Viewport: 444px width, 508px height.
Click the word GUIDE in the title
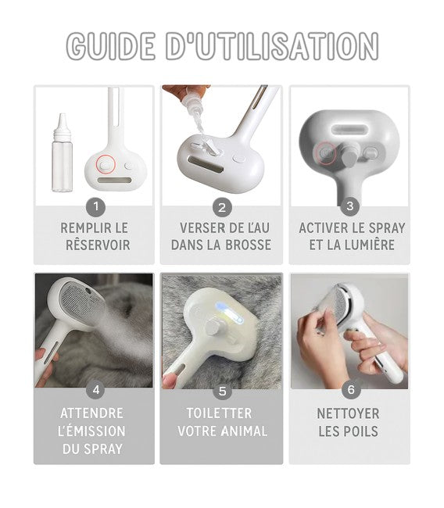tap(110, 46)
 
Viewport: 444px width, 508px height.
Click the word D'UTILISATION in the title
tap(272, 46)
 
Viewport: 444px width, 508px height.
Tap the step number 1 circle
tap(96, 206)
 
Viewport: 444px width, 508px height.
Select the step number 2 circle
tap(222, 207)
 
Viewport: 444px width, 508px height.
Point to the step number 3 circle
tap(350, 206)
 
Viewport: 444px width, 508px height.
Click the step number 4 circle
tap(96, 390)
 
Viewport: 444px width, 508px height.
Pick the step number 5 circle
tap(222, 391)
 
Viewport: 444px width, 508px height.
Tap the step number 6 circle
tap(351, 390)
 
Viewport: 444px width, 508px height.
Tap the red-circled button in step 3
tap(326, 152)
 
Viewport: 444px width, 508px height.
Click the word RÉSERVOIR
tap(98, 245)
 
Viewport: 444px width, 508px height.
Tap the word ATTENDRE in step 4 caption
tap(91, 413)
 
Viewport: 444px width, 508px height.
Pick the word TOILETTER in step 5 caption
tap(219, 413)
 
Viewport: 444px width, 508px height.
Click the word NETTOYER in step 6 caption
tap(348, 413)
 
